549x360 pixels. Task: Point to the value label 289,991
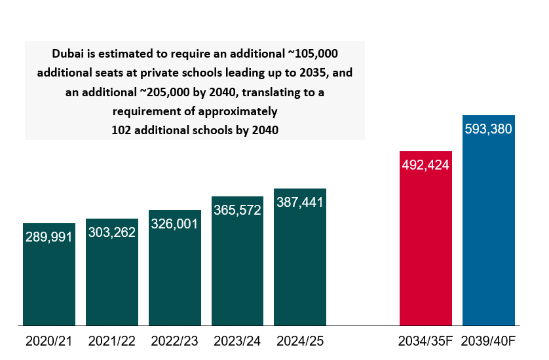pyautogui.click(x=49, y=237)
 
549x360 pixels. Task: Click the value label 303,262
pyautogui.click(x=112, y=232)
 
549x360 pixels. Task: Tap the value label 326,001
pyautogui.click(x=175, y=223)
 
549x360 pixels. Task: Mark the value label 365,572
pyautogui.click(x=237, y=210)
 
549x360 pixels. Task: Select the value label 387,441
pyautogui.click(x=300, y=202)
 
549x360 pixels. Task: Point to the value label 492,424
pyautogui.click(x=425, y=165)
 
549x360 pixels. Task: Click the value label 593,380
pyautogui.click(x=488, y=129)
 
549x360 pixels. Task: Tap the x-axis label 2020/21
pyautogui.click(x=49, y=341)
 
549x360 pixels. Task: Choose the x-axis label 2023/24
pyautogui.click(x=237, y=341)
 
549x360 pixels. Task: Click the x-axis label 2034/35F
pyautogui.click(x=425, y=341)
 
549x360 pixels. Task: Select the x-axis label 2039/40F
pyautogui.click(x=488, y=341)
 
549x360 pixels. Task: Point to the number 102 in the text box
pyautogui.click(x=123, y=130)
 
